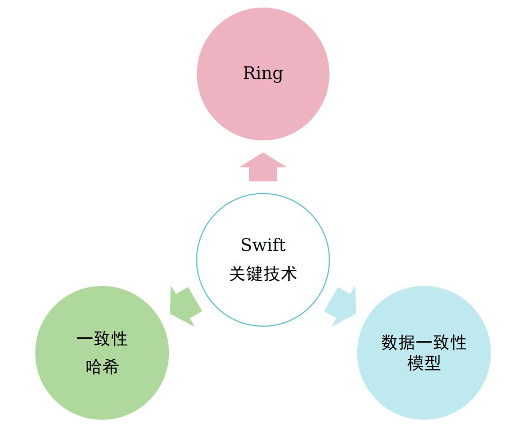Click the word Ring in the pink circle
263,73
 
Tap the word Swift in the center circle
263,245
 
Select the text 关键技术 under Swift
263,274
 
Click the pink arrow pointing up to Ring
263,167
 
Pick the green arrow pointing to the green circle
185,306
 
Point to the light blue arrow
341,306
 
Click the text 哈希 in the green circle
102,366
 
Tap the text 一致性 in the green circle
102,339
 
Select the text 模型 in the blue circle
424,363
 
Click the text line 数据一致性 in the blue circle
424,342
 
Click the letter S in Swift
246,245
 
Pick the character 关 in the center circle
238,274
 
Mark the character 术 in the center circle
289,274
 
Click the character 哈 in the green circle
94,366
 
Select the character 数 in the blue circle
390,342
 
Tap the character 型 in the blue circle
432,363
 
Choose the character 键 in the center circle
255,274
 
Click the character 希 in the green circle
111,366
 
